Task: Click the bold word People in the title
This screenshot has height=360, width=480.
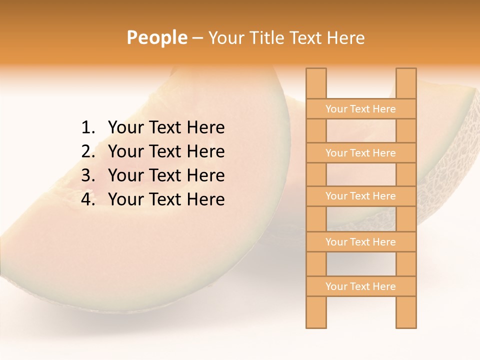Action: click(x=157, y=38)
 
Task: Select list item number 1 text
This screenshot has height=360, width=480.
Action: click(x=166, y=128)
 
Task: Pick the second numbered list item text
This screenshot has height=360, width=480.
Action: click(x=166, y=151)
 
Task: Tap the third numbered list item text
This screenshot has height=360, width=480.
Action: click(x=166, y=175)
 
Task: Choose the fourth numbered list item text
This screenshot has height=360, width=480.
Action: click(x=166, y=199)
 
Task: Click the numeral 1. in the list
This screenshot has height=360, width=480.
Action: click(x=88, y=128)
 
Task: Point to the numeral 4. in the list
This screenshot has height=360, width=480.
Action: click(x=88, y=199)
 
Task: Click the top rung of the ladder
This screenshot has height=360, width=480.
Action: click(x=360, y=109)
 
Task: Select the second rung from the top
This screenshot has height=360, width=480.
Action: click(x=360, y=153)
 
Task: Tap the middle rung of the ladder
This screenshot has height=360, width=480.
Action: click(x=360, y=196)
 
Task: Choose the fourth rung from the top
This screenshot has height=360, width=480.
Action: click(x=360, y=242)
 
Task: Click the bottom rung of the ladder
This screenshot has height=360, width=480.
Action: click(x=360, y=286)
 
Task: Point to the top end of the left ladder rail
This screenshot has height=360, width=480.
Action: click(x=316, y=72)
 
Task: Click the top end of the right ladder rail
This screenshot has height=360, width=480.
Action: click(x=406, y=72)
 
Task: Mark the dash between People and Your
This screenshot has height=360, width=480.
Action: click(x=197, y=38)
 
